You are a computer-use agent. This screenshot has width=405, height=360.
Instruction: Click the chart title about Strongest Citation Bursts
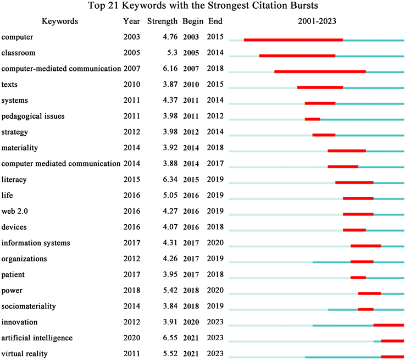202,7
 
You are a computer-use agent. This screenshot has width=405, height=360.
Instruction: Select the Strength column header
162,22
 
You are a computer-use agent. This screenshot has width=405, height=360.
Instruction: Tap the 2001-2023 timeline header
316,22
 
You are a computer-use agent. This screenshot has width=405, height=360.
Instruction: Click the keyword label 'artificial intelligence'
37,337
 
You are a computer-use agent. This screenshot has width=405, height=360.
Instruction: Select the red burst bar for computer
293,40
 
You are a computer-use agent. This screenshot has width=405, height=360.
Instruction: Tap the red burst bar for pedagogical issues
312,119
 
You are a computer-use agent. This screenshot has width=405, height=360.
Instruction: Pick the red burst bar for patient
358,278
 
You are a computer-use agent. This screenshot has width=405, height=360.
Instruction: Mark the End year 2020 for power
215,290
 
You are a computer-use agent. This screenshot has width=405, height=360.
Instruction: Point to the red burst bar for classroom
297,56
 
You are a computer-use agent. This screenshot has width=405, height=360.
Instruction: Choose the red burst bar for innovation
389,325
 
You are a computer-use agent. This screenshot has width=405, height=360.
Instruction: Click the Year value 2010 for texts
132,85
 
